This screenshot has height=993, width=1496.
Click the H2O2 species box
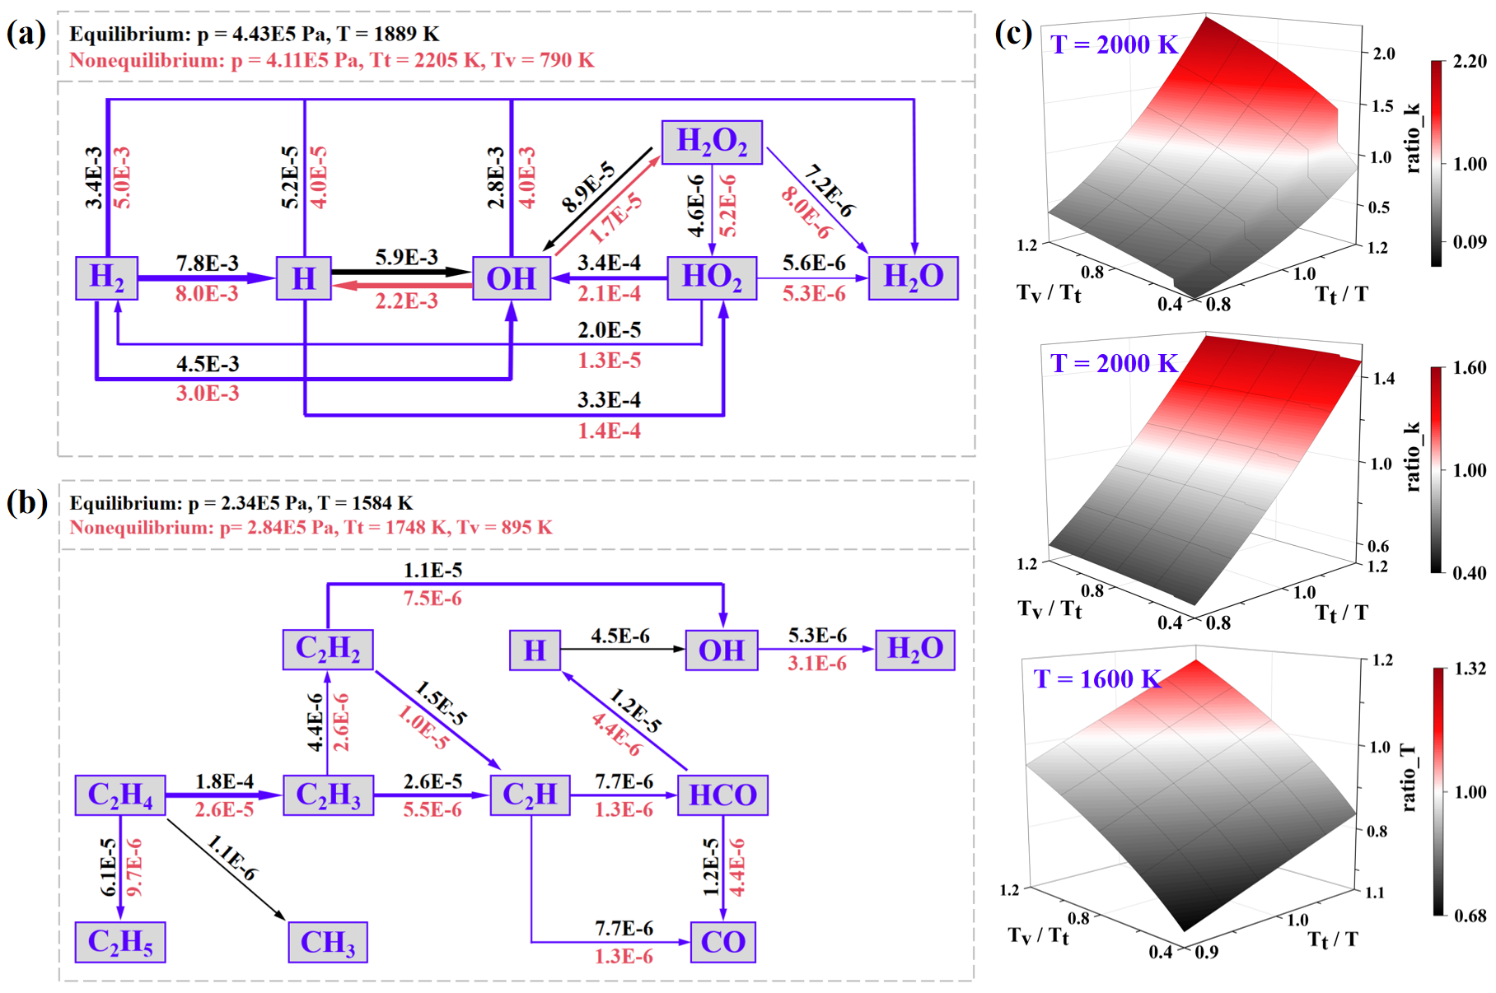click(712, 142)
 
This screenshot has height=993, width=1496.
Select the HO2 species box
click(712, 277)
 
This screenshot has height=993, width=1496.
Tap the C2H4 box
click(120, 795)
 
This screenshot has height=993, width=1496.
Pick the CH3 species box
click(328, 942)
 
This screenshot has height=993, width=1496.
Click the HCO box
click(722, 795)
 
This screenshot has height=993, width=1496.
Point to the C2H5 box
click(120, 942)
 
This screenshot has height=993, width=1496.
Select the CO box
click(723, 942)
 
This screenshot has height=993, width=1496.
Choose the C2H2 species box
click(328, 650)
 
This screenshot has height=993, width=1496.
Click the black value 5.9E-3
click(407, 257)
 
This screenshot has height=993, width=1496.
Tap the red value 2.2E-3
click(407, 301)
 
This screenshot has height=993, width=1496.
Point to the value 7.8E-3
click(207, 263)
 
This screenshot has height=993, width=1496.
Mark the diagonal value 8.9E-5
click(588, 187)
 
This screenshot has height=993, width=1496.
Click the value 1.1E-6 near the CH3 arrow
click(232, 858)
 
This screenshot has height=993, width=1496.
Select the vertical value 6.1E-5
click(109, 867)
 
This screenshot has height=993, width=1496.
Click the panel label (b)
click(26, 502)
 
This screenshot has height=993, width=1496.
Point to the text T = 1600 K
click(1097, 679)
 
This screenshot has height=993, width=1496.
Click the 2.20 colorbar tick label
click(1470, 62)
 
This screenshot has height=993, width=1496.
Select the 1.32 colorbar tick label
click(1470, 669)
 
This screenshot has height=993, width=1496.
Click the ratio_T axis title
click(1408, 778)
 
